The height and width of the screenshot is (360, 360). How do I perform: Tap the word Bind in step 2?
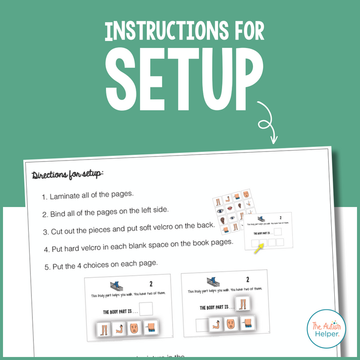pyautogui.click(x=59, y=214)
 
